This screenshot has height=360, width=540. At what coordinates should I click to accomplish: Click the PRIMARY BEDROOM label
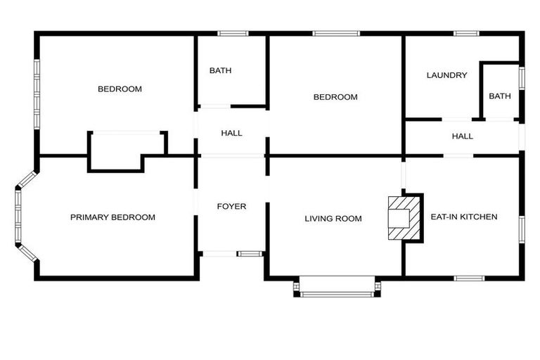(112, 217)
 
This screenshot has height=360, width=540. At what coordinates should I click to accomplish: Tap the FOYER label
(231, 206)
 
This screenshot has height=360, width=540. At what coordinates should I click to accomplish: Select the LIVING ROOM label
(333, 219)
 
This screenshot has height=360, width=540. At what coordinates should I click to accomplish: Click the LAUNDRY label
(446, 75)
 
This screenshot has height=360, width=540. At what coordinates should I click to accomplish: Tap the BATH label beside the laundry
(500, 96)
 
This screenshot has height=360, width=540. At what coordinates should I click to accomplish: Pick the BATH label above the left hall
(220, 70)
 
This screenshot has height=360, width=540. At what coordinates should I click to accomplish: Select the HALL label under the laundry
(462, 136)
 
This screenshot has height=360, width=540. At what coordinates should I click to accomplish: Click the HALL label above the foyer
(231, 133)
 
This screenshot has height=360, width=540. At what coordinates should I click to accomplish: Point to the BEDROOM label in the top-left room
(120, 89)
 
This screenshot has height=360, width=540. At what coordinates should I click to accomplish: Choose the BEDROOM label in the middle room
(335, 97)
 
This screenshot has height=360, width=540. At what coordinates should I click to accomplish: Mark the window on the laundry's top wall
(465, 33)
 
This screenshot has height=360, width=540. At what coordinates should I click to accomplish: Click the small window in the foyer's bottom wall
(249, 253)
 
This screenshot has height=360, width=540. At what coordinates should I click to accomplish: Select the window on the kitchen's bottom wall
(468, 278)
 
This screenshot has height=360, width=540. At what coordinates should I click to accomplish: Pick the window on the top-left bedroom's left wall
(37, 94)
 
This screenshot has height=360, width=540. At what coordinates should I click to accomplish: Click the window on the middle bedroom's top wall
(336, 33)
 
